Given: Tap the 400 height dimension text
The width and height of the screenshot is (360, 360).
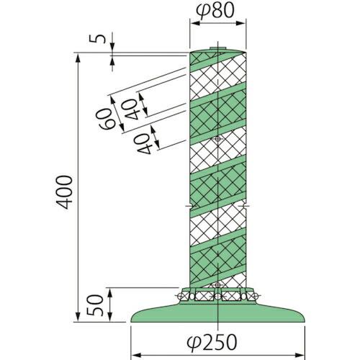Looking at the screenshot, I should pos(64,192).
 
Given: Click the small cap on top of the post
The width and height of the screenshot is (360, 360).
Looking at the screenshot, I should pos(217,50).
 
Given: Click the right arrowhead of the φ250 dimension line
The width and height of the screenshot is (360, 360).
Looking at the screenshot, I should pos(300,354).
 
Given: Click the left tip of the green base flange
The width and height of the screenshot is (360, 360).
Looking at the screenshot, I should pos(132,319).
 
